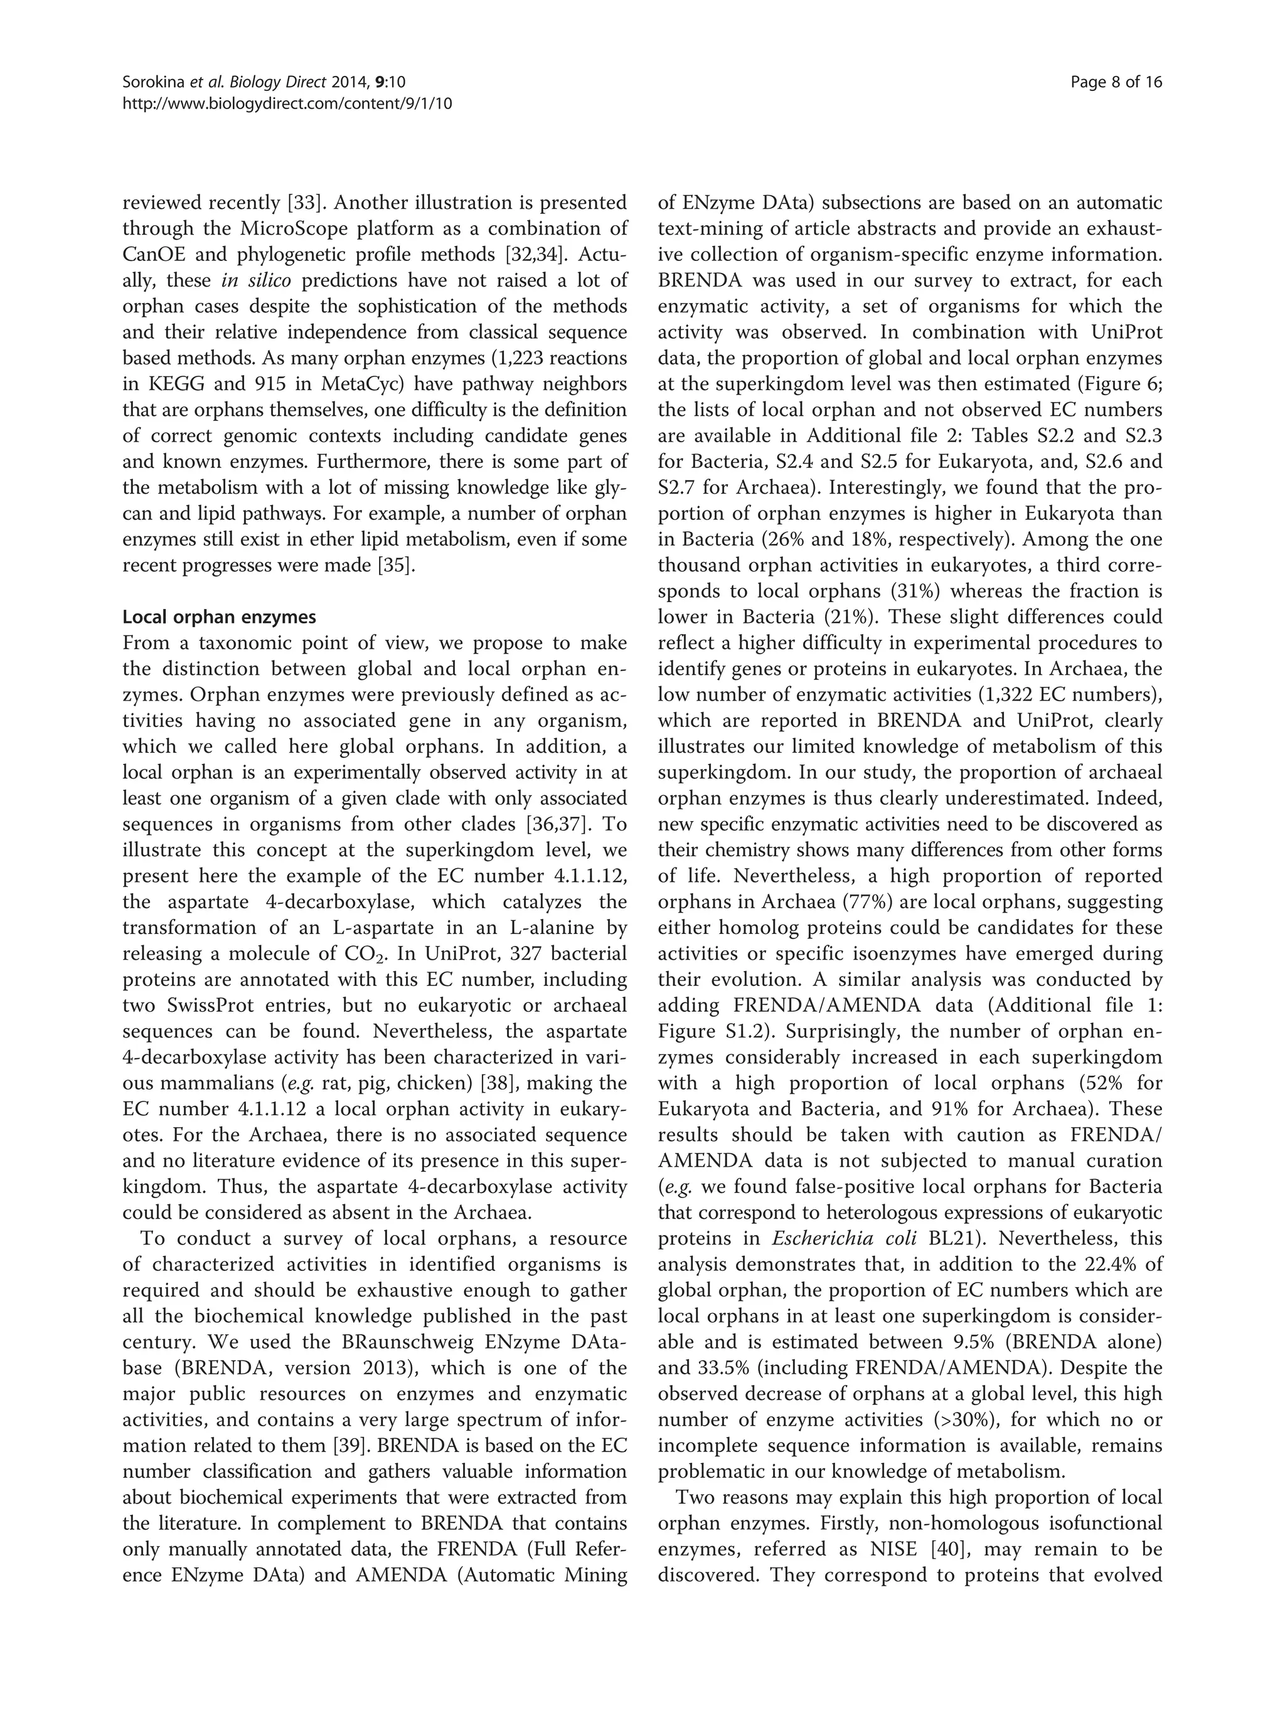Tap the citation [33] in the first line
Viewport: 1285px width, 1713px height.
[300, 203]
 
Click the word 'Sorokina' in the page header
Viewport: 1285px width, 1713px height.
[151, 82]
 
